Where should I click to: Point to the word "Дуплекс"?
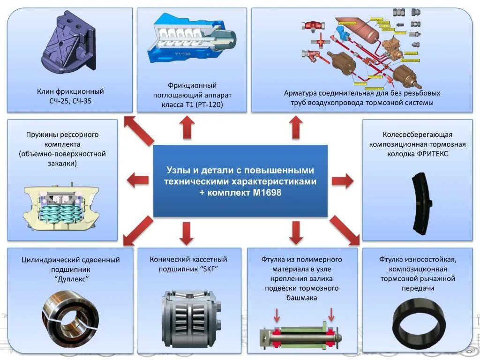coord(72,279)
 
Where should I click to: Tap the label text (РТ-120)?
coord(210,105)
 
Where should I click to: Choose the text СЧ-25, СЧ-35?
coord(70,101)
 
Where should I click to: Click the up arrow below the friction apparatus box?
coord(187,127)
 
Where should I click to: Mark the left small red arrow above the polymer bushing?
coord(277,315)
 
